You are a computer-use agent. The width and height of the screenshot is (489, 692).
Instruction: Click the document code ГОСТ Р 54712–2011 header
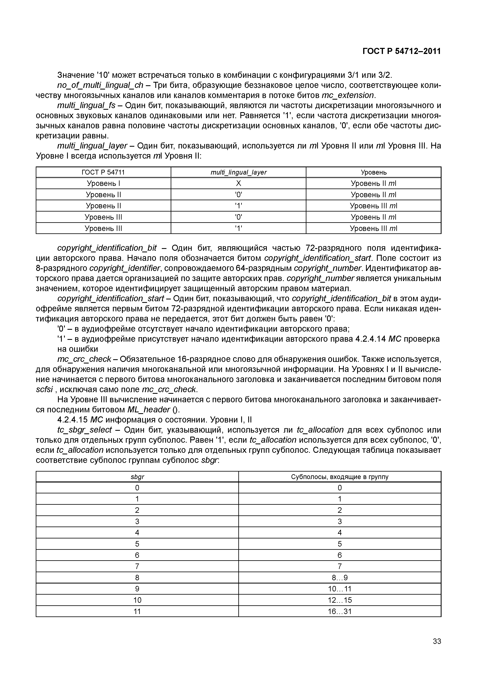pos(401,51)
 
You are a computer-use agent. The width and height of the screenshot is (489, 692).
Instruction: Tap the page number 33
pos(436,650)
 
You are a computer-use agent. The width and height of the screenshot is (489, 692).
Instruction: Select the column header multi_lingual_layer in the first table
pos(238,172)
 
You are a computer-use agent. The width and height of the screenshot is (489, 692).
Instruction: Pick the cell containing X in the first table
pos(238,183)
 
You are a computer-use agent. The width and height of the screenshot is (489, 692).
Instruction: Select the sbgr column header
pos(137,477)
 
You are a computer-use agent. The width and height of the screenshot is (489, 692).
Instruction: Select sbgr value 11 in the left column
pos(137,612)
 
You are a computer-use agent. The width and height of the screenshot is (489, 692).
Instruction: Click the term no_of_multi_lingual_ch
pos(100,85)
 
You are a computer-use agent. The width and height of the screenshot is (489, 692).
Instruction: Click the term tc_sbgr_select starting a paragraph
pos(84,430)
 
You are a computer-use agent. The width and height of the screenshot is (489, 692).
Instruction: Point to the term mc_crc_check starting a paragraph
pos(84,359)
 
